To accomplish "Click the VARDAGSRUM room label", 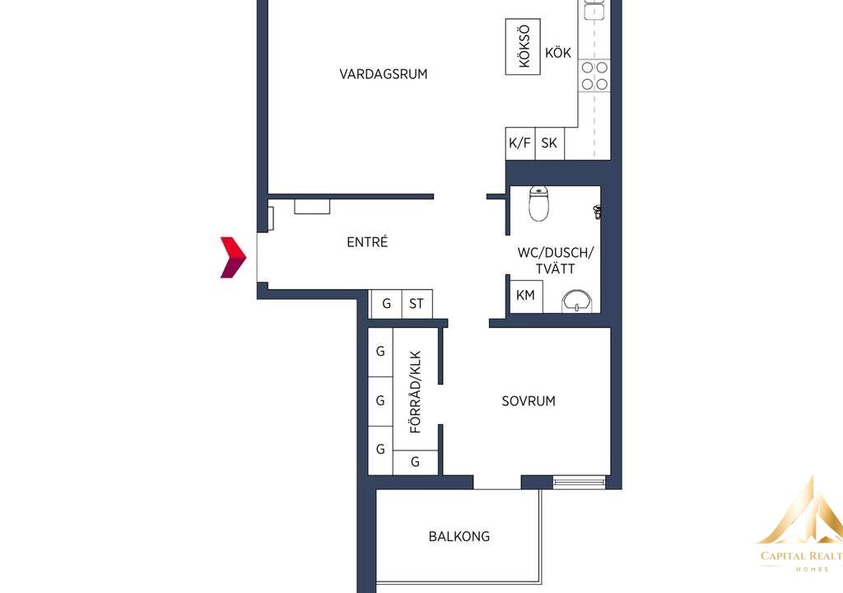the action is (384, 74).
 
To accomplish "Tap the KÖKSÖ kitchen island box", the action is (523, 46).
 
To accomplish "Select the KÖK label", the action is (558, 52).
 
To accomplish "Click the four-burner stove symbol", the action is (594, 76).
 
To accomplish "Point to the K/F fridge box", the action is (520, 143).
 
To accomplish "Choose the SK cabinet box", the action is (549, 143).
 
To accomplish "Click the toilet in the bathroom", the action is (538, 203).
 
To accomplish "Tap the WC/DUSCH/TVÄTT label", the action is (556, 260).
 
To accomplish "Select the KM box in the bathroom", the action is (526, 296).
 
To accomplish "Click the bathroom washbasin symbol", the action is (577, 301).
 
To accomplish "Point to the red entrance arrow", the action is (233, 257).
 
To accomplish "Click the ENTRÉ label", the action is (367, 242).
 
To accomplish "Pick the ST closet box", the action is (417, 303).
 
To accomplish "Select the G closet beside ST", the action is (386, 303).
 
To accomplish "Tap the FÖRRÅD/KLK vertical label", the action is (416, 392).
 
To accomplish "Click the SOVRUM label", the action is (529, 401).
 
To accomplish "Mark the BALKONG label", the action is (459, 536).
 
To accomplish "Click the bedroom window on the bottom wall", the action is (580, 482).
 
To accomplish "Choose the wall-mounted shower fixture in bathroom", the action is (597, 212).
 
